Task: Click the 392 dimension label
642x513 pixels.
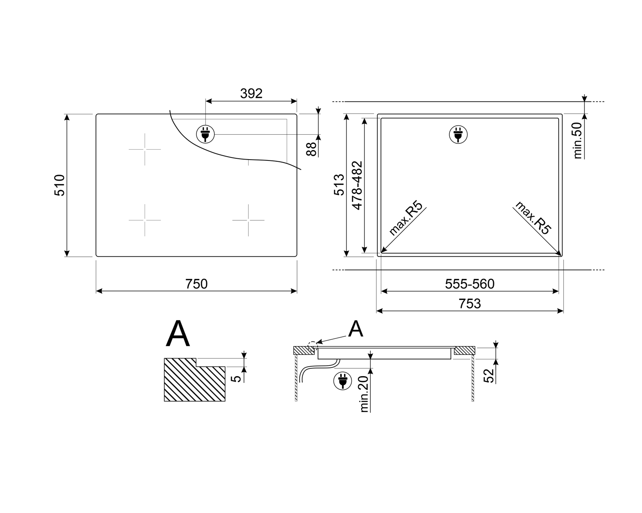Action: [251, 94]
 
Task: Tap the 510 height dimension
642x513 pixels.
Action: [59, 185]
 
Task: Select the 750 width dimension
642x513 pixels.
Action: [196, 284]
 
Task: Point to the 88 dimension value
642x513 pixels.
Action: [311, 149]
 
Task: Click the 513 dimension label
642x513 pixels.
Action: [339, 185]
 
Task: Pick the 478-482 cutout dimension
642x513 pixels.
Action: [357, 185]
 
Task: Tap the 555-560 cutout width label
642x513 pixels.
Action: [470, 284]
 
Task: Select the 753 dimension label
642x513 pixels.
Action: [470, 304]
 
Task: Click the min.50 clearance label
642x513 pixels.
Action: [578, 140]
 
